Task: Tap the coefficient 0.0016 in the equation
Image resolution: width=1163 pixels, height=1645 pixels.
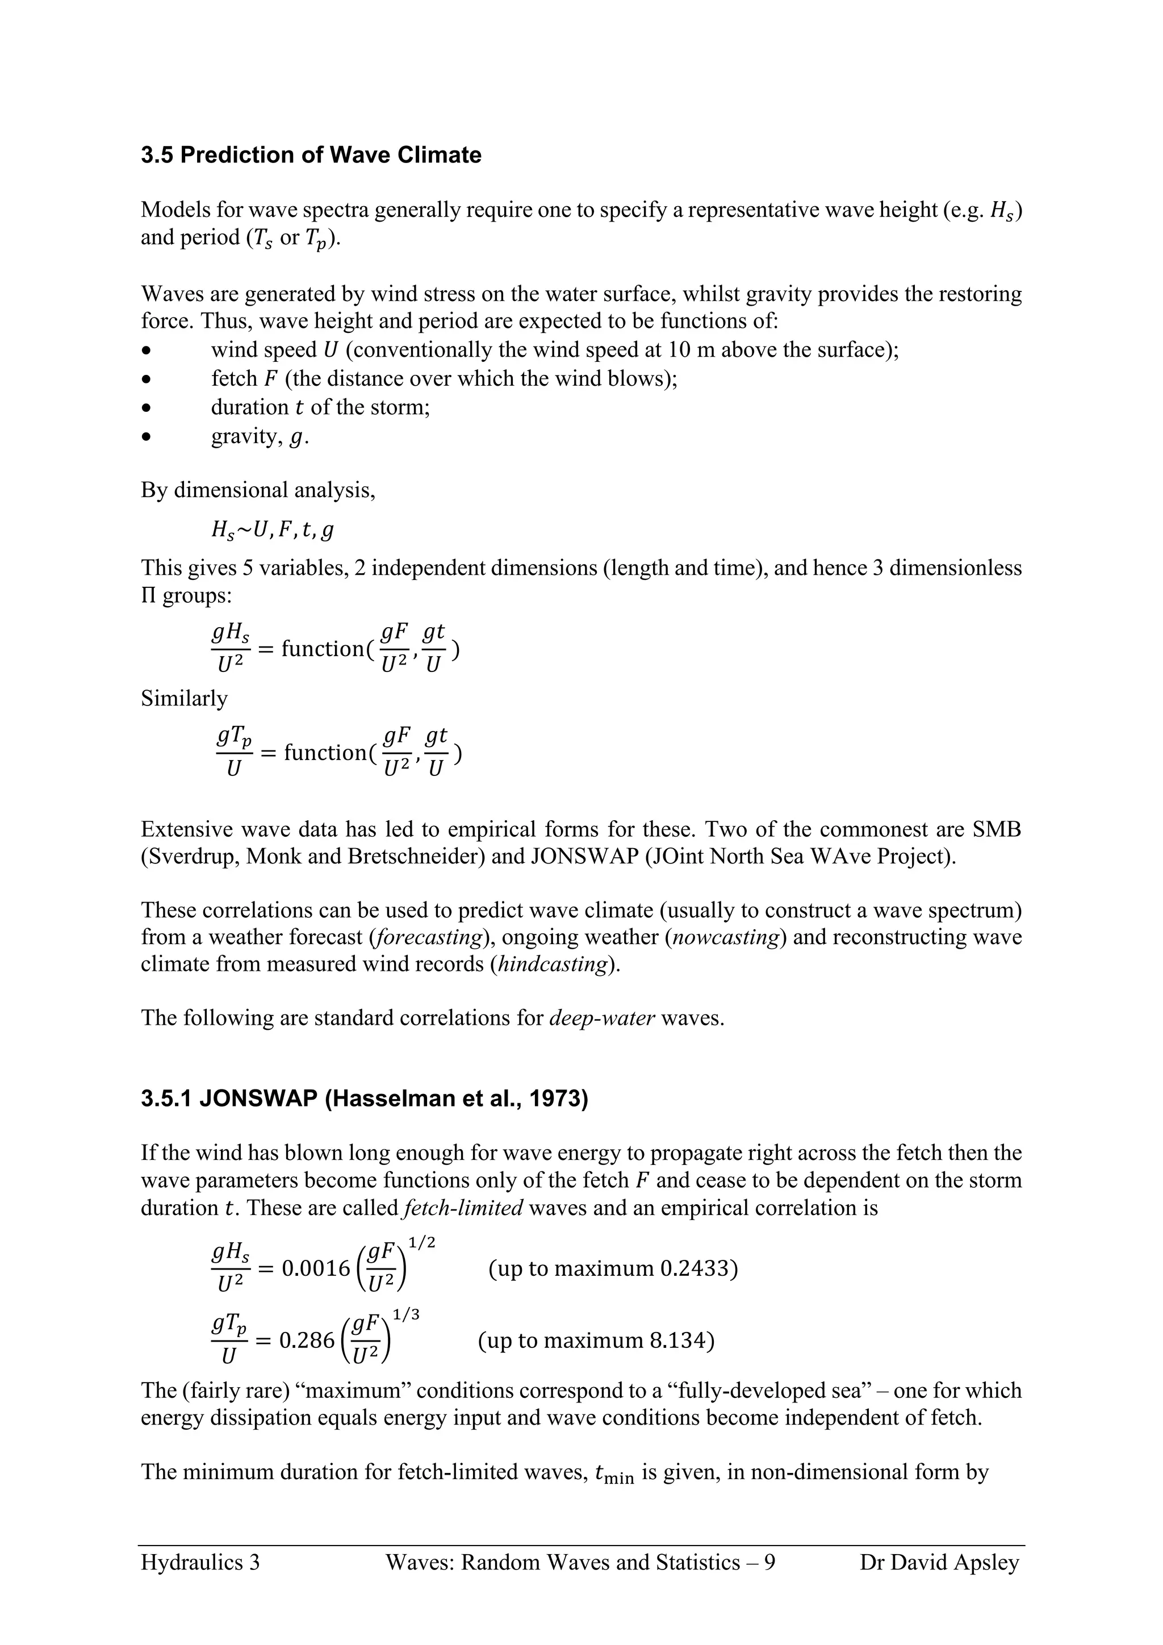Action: click(x=315, y=1270)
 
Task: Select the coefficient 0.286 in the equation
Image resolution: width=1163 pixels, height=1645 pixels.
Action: click(x=307, y=1340)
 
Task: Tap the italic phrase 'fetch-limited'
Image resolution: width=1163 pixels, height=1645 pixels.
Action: click(x=463, y=1208)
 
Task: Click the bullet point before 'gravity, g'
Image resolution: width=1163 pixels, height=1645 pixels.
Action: click(x=147, y=436)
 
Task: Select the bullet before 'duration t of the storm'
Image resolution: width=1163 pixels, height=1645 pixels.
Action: click(x=147, y=408)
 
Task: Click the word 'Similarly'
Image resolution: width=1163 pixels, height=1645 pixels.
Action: click(x=184, y=699)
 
